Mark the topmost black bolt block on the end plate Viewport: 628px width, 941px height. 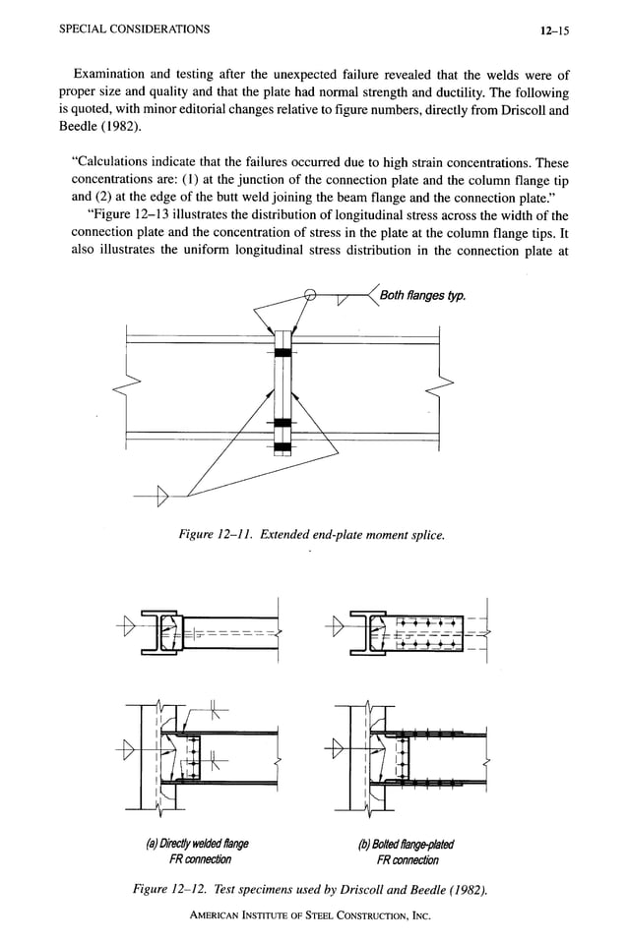pos(283,352)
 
